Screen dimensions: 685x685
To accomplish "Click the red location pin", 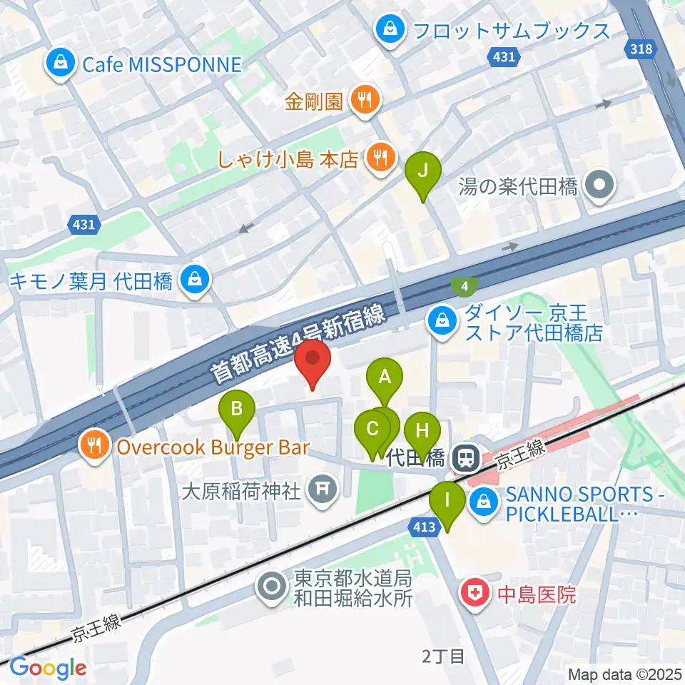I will (313, 363).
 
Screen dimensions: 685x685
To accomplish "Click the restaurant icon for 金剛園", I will (365, 101).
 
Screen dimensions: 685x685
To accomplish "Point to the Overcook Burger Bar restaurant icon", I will (95, 447).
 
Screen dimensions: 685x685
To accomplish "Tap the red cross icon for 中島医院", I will (474, 594).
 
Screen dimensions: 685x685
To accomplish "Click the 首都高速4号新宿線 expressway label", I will (299, 341).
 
